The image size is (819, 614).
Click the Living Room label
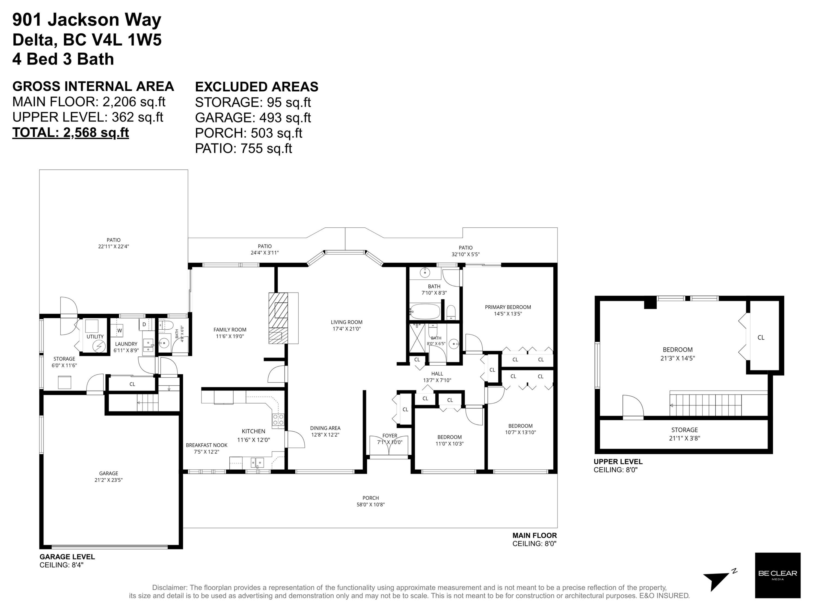[x=346, y=325]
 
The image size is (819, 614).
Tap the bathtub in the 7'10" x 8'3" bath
[x=425, y=311]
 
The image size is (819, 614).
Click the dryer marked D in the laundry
[x=144, y=324]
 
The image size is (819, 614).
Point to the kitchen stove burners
[x=278, y=420]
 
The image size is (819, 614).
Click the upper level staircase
[x=706, y=405]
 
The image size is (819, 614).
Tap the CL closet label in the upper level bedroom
[x=761, y=338]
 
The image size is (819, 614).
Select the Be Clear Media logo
[x=778, y=575]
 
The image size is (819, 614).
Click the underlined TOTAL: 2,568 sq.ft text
[x=71, y=133]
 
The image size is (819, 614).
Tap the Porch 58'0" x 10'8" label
[x=371, y=501]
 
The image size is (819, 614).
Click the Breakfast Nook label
[x=207, y=448]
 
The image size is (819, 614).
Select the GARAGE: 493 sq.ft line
[x=253, y=118]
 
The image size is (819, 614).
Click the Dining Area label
[x=325, y=431]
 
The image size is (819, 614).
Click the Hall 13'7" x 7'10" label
[x=437, y=377]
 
